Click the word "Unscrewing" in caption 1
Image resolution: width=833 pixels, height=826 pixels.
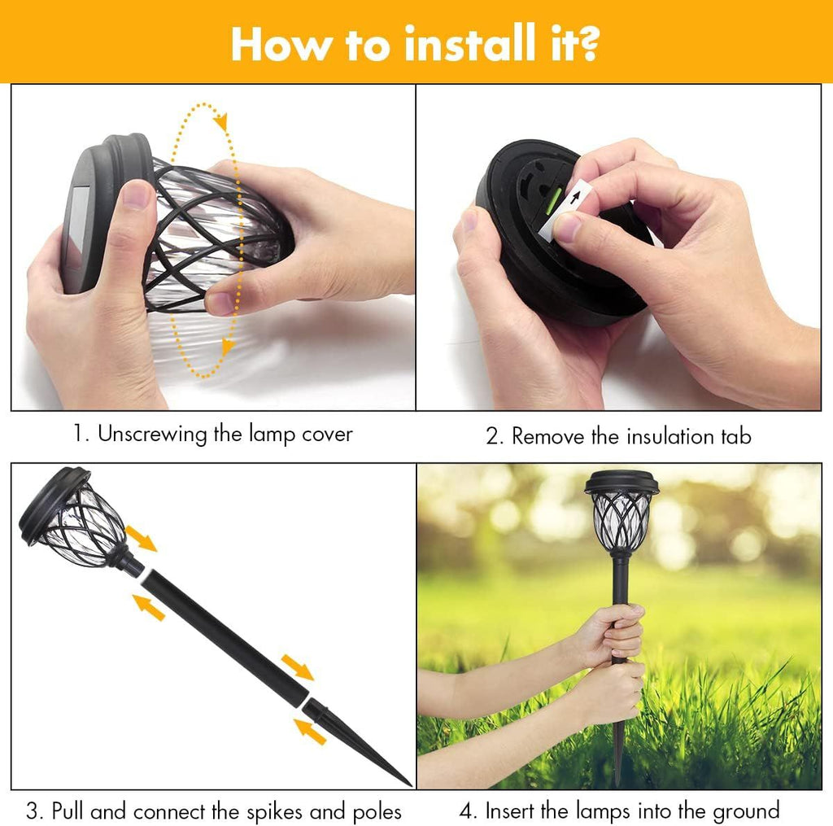coord(152,435)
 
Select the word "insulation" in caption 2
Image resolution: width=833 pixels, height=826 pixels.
coord(670,436)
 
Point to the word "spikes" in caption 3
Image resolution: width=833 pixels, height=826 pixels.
coord(275,812)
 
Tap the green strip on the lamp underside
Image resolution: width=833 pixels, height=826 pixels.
coord(553,200)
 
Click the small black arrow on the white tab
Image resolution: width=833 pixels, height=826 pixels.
coord(575,198)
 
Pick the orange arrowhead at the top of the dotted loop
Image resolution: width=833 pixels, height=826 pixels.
coord(221,122)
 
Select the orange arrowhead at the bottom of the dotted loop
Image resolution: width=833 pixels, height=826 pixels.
coord(228,347)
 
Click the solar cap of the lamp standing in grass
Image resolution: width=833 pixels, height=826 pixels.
coord(621,482)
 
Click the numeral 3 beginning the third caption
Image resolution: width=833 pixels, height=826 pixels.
coord(32,811)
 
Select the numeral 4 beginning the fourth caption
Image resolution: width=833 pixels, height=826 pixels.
coord(466,811)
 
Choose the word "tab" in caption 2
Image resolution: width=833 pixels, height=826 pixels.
coord(736,436)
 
